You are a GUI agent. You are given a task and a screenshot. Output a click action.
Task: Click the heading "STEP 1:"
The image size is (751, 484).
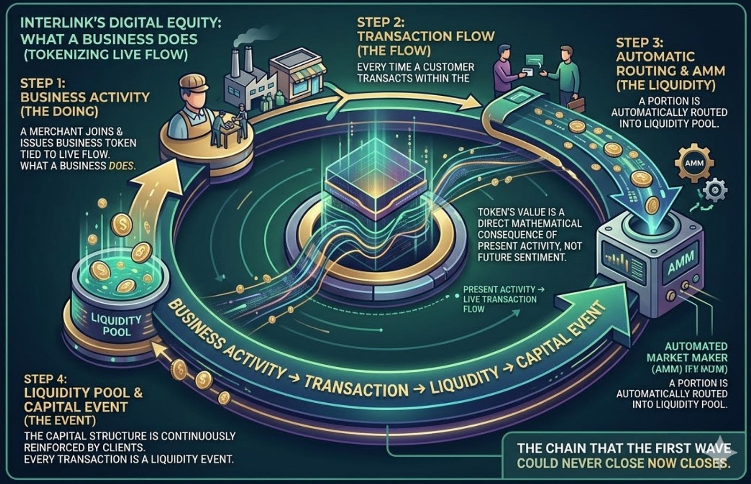point(43,84)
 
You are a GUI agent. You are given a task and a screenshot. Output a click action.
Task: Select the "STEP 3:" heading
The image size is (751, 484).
point(639,43)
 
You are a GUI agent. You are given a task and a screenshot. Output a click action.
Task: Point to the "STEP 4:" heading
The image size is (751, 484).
point(46,379)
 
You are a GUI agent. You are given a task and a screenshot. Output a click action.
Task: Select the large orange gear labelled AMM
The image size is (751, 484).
point(694,163)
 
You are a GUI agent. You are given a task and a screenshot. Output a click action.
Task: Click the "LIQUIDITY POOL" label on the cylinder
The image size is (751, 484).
point(116,325)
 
